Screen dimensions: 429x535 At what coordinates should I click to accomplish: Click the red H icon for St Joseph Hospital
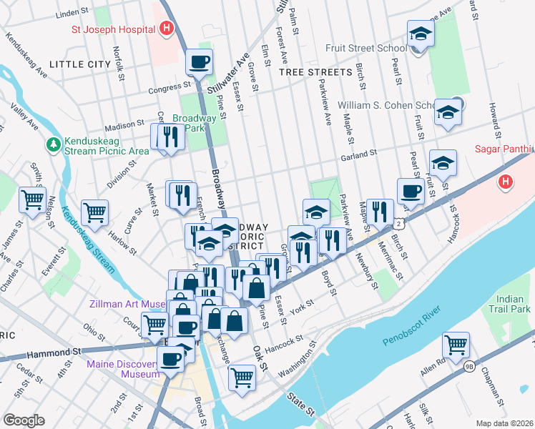[167, 30]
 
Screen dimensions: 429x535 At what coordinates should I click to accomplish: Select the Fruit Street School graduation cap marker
[421, 34]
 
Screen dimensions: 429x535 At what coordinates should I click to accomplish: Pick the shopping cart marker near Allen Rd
[456, 345]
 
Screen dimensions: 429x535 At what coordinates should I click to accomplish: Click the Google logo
[24, 420]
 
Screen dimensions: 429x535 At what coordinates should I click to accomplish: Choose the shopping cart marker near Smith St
[32, 201]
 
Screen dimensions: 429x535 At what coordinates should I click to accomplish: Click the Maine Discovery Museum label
[123, 369]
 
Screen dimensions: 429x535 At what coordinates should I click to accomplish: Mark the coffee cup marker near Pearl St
[411, 192]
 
